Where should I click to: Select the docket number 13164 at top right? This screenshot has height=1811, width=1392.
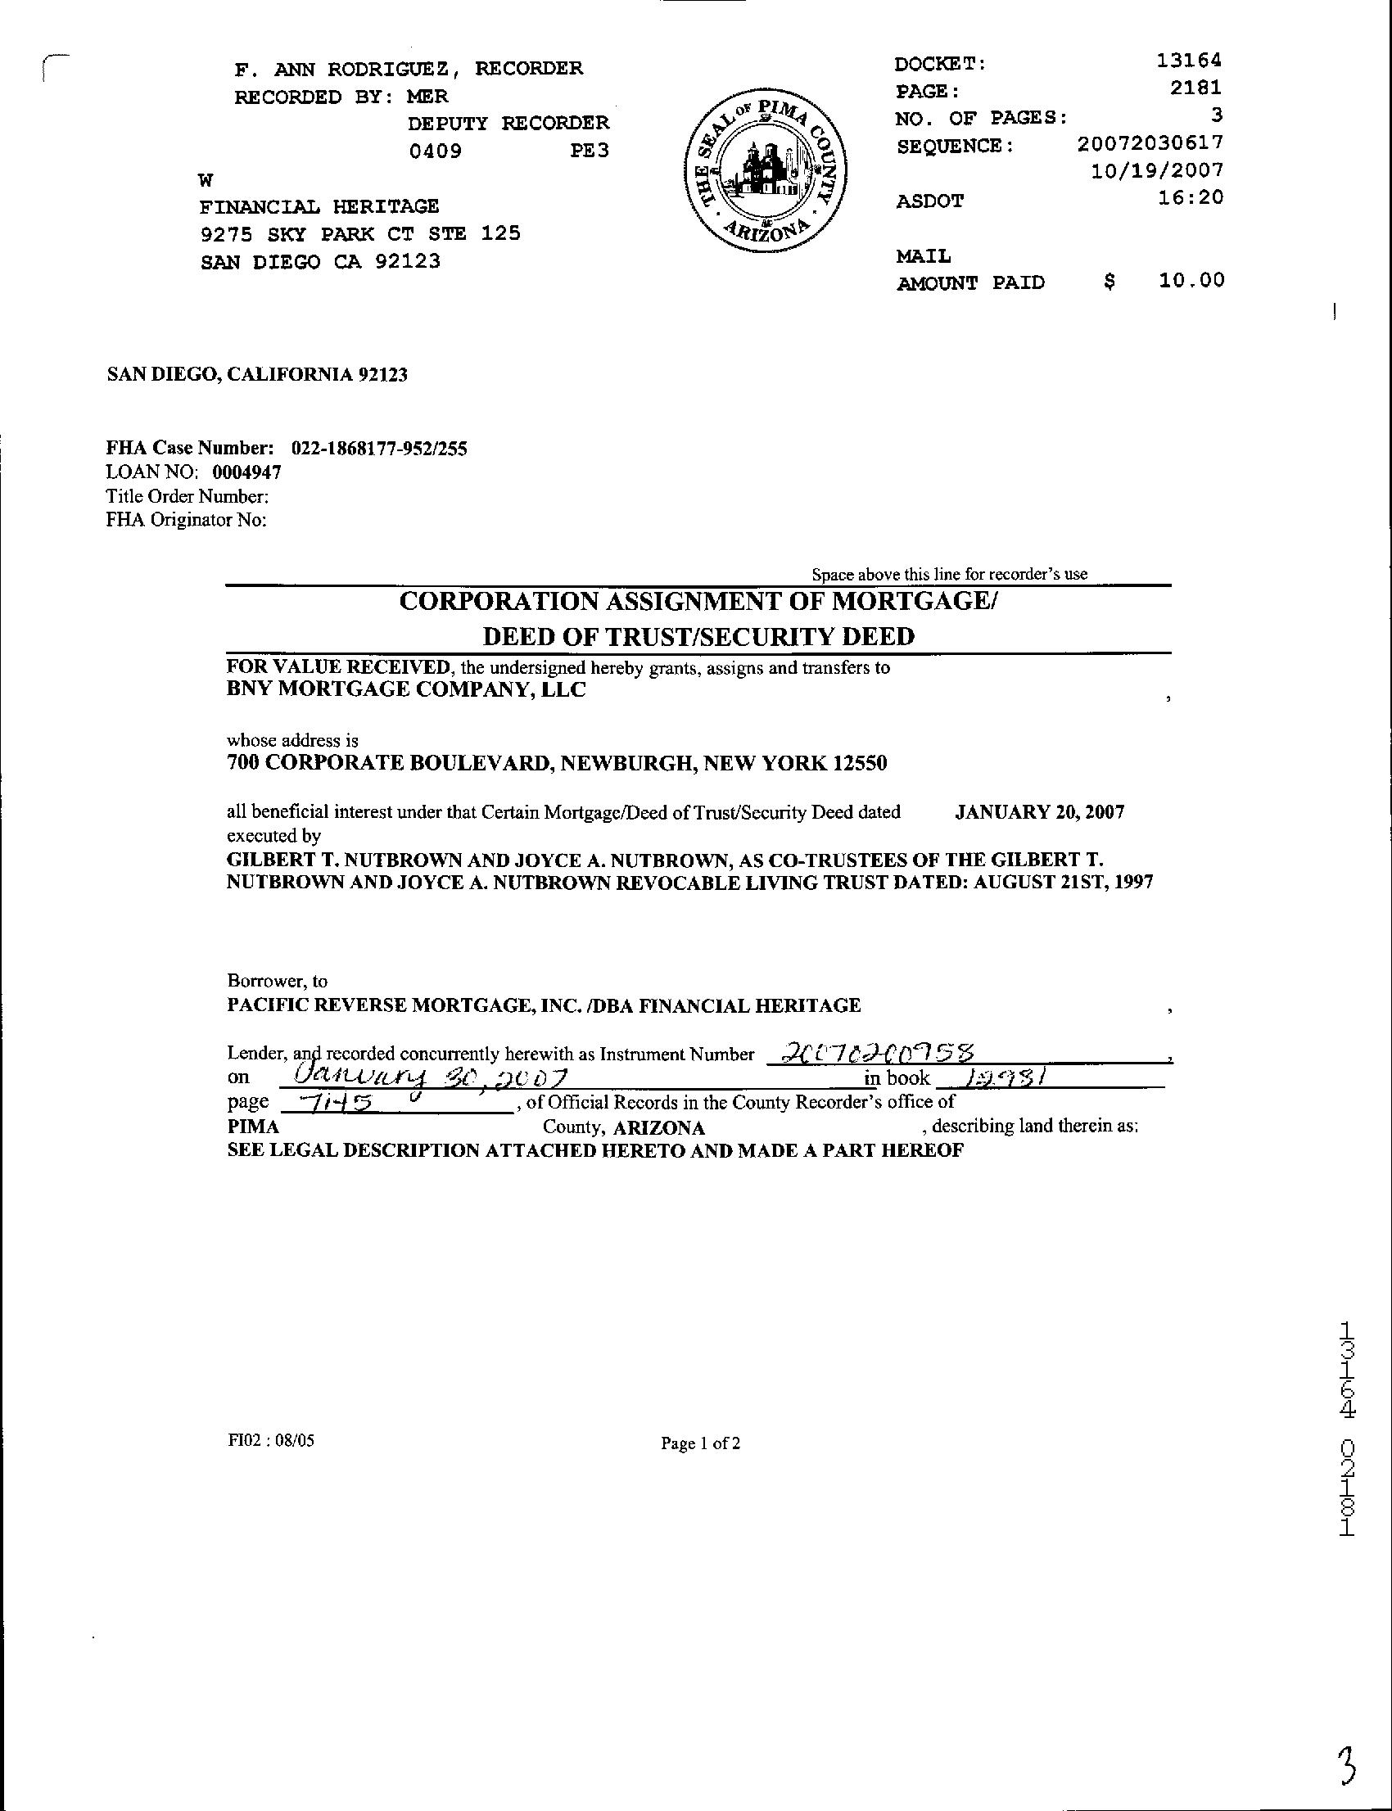pos(1189,61)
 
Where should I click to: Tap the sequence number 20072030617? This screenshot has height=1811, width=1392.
pos(1150,143)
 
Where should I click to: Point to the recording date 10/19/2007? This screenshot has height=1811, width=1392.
pos(1158,170)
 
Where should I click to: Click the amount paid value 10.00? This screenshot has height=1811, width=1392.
pos(1191,281)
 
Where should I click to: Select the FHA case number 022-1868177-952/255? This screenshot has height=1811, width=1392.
pos(378,449)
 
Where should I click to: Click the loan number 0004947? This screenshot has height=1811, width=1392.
pos(247,473)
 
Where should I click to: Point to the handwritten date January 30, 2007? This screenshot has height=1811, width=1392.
pos(430,1077)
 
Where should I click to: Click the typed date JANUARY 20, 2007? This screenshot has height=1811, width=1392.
pos(1039,812)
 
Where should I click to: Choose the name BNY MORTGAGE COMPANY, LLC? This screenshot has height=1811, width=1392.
pos(406,689)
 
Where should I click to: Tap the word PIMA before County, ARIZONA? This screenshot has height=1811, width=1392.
pos(253,1127)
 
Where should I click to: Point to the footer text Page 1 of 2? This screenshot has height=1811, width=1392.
pos(700,1443)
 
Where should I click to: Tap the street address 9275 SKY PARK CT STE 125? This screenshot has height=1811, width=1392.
pos(360,233)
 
